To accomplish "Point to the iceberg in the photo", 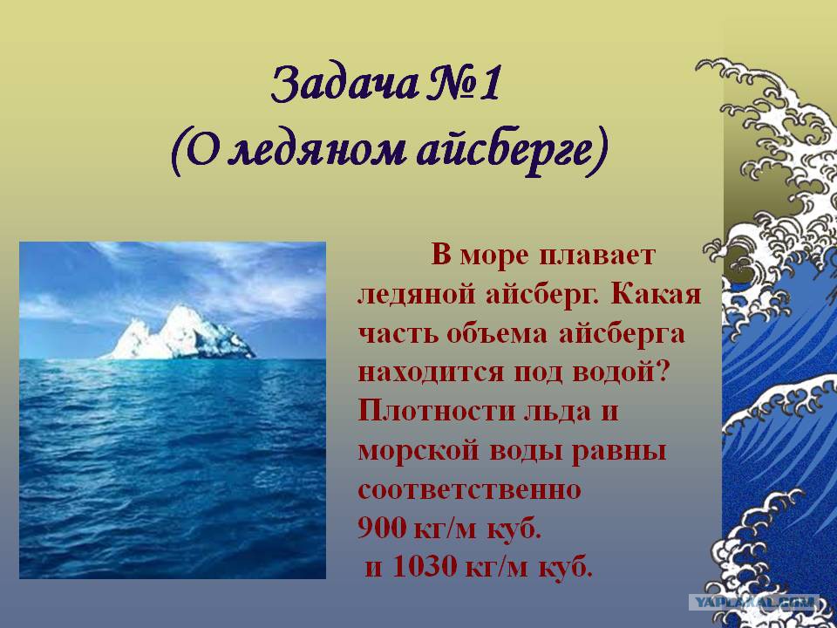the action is click(179, 333).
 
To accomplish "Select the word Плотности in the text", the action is click(435, 413).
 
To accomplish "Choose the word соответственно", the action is click(469, 491).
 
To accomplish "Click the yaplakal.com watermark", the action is click(753, 603).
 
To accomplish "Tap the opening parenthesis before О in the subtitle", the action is click(178, 152).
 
